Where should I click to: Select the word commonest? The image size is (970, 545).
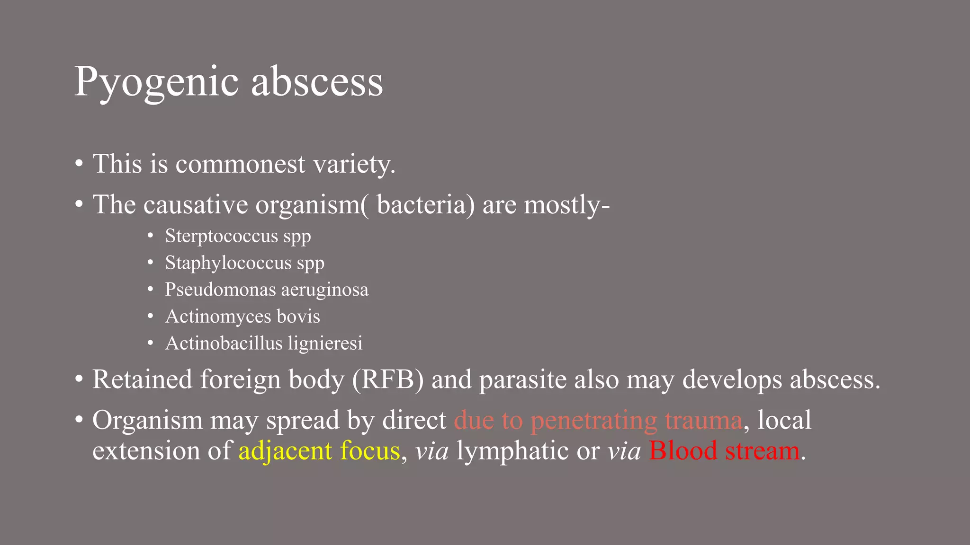240,164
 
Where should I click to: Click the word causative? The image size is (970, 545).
196,205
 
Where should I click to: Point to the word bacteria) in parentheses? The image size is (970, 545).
425,205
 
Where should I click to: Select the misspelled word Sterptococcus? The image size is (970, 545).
221,236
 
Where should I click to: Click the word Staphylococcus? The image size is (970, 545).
228,263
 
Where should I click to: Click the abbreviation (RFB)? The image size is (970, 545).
388,380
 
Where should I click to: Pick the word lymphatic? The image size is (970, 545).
512,450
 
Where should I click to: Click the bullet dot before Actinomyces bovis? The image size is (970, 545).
150,316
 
